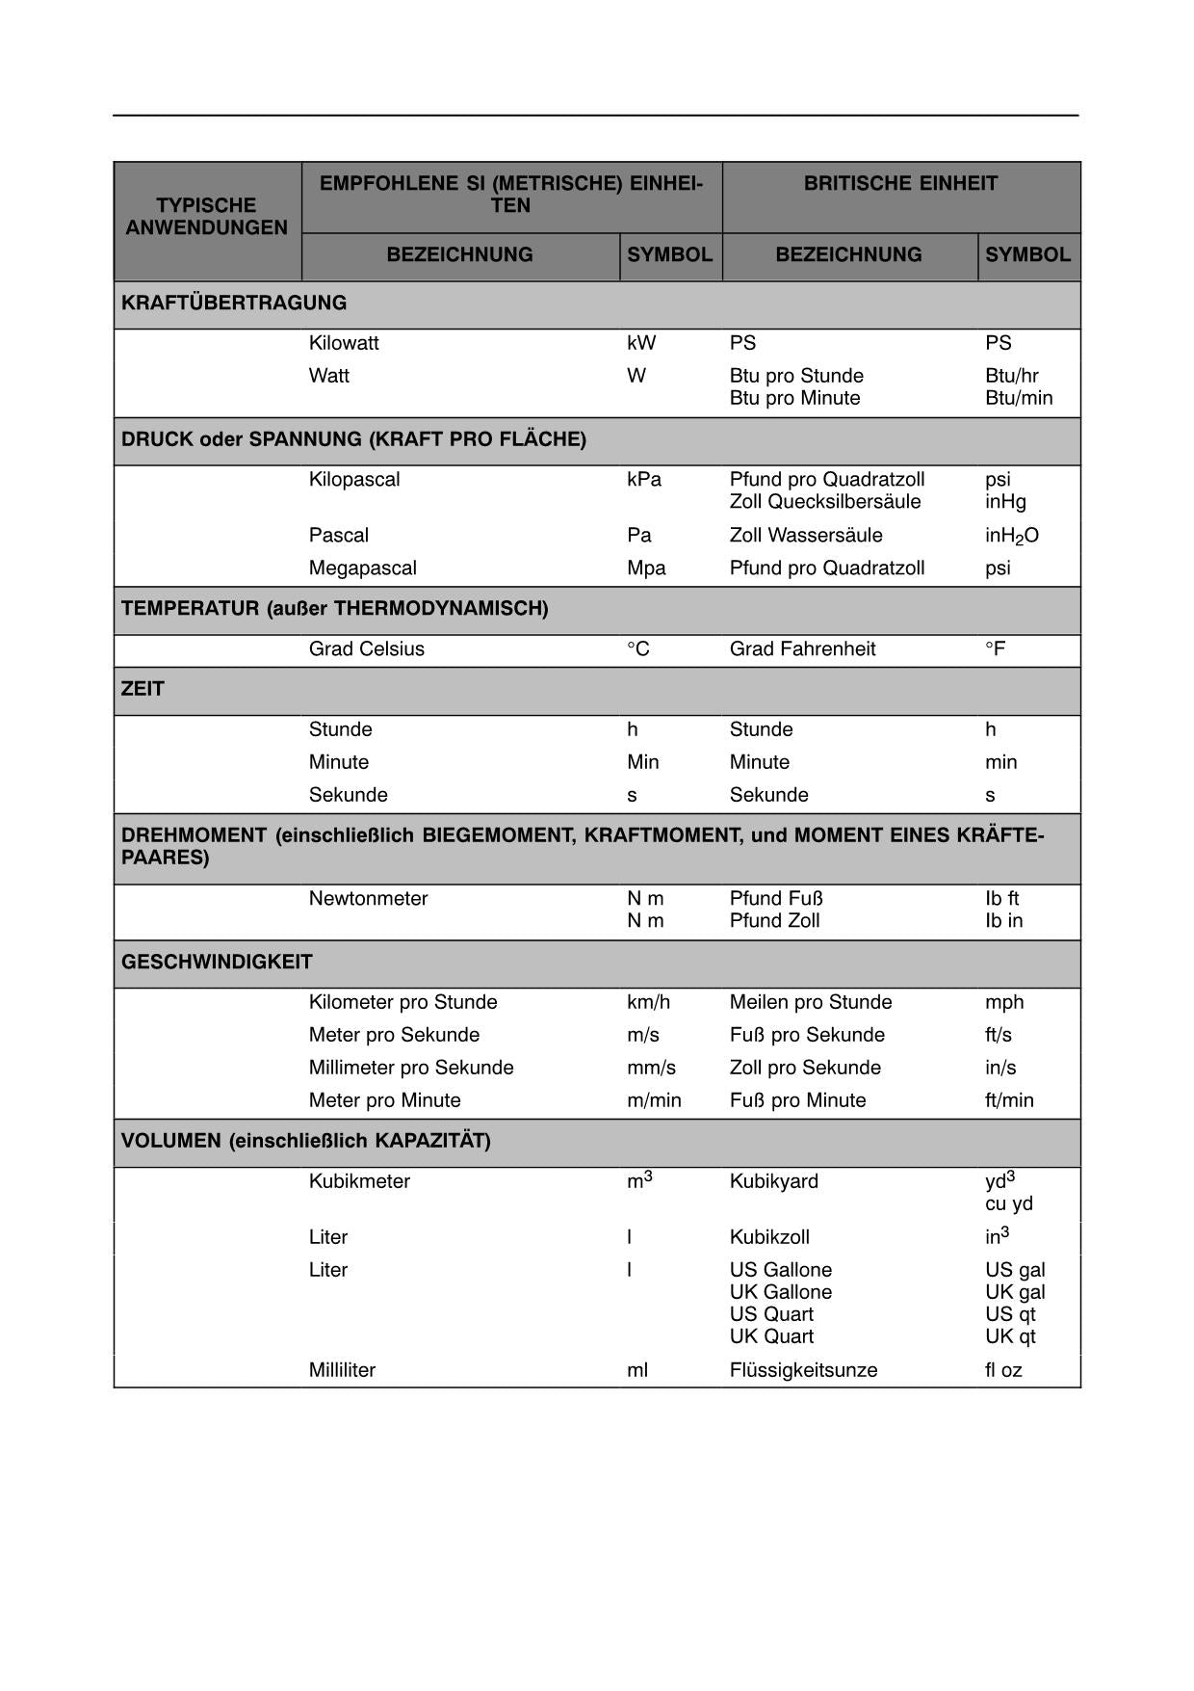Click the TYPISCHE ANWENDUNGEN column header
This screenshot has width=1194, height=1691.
click(x=206, y=217)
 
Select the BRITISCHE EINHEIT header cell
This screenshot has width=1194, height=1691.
click(x=900, y=183)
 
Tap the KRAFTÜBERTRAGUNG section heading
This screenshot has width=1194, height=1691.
click(x=234, y=303)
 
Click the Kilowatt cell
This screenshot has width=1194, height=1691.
click(x=344, y=343)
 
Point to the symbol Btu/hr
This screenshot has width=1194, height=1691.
click(x=1011, y=376)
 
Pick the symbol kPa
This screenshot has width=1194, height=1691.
click(x=643, y=479)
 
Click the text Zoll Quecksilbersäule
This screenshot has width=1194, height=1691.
click(x=824, y=502)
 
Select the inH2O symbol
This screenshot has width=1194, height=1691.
click(x=1011, y=536)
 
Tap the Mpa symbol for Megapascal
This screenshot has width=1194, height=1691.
click(x=646, y=568)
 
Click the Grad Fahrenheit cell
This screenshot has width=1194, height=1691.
click(x=802, y=648)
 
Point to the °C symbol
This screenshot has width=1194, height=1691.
click(x=637, y=648)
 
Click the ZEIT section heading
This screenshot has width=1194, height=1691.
click(x=143, y=689)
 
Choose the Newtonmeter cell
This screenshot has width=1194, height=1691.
click(x=368, y=898)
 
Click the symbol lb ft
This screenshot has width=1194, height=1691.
click(x=1001, y=898)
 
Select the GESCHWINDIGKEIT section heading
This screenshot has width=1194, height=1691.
click(x=217, y=962)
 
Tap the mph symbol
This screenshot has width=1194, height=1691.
click(x=1004, y=1002)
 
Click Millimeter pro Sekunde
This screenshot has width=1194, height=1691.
click(x=411, y=1068)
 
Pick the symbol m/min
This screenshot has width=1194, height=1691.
click(x=654, y=1100)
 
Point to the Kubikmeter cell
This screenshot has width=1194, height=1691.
click(x=359, y=1181)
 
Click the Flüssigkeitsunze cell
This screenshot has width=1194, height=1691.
click(x=803, y=1370)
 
